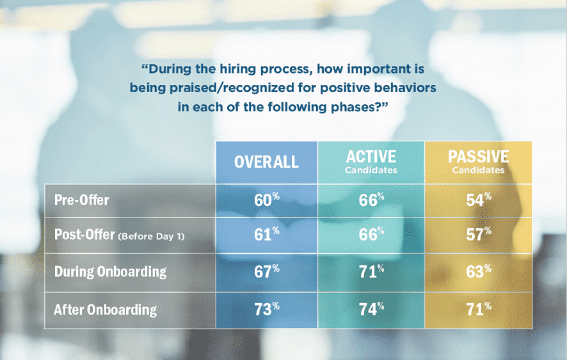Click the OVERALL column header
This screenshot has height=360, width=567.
tap(266, 162)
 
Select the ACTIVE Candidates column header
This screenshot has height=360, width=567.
tap(371, 162)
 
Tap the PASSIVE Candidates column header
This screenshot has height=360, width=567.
tap(479, 162)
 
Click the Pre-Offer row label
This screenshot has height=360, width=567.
tap(82, 200)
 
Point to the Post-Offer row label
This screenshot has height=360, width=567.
tap(84, 235)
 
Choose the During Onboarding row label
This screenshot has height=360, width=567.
tap(110, 272)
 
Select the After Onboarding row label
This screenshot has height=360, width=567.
tap(105, 309)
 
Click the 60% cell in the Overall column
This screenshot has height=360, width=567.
tap(266, 201)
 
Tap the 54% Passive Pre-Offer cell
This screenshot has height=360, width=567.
tap(479, 201)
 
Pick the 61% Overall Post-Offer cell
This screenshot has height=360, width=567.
tap(266, 235)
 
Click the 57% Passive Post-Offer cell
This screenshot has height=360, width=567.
tap(479, 235)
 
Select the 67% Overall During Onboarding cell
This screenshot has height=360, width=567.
tap(266, 272)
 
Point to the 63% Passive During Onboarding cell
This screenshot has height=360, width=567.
tap(479, 272)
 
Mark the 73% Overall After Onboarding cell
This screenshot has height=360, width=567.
tap(266, 310)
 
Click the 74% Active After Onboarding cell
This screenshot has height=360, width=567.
tap(371, 310)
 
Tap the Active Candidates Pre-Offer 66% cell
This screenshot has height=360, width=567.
tap(371, 201)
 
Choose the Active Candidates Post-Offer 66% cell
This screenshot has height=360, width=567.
tap(371, 235)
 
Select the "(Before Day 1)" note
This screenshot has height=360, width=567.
tap(151, 237)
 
